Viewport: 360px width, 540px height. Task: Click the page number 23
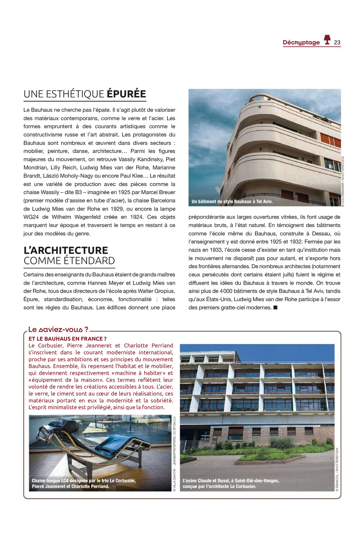pos(337,43)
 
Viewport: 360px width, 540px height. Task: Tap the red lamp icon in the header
pos(327,40)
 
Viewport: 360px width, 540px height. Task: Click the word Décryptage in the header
pos(301,43)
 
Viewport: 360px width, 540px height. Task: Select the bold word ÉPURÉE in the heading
pos(126,94)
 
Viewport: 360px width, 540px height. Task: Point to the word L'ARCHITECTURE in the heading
pos(66,250)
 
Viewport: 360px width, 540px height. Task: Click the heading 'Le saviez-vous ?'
pos(58,329)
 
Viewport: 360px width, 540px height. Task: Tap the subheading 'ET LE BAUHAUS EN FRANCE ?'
pos(67,339)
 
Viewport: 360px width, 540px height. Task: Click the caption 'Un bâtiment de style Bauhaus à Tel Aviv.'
pos(232,202)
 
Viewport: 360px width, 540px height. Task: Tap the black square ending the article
pos(275,308)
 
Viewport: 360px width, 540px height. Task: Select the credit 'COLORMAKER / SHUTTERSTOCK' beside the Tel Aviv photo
pos(343,182)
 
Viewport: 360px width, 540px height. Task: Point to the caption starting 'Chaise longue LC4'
pos(84,483)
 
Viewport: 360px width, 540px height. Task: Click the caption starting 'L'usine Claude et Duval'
pos(231,483)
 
